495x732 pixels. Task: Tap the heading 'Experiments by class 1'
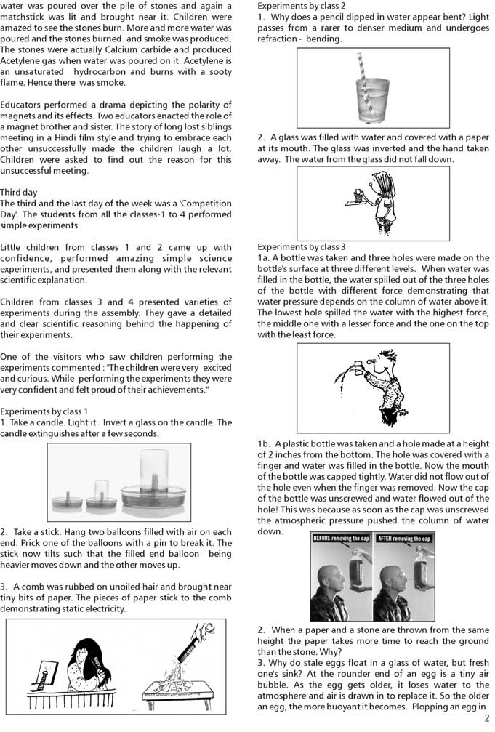coord(44,411)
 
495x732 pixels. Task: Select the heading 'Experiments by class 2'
coord(301,6)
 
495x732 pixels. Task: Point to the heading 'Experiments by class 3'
coord(301,247)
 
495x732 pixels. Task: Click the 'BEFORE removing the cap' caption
coord(340,539)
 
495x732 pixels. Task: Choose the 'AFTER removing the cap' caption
coord(405,539)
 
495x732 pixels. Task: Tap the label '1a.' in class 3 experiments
coord(264,258)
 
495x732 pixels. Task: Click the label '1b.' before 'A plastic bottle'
coord(264,444)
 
